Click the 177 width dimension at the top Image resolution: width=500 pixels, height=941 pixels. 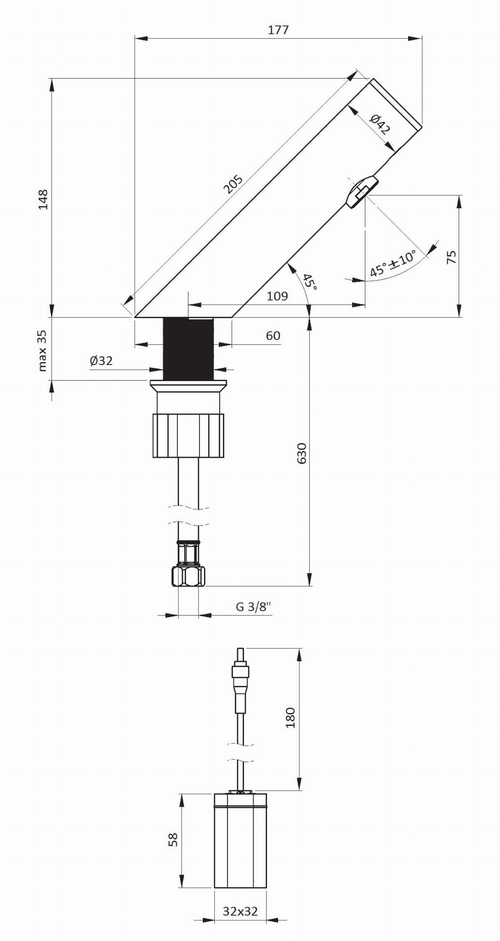pyautogui.click(x=278, y=30)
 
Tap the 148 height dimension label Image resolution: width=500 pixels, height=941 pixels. pyautogui.click(x=43, y=199)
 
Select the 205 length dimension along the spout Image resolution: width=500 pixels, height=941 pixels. pyautogui.click(x=233, y=184)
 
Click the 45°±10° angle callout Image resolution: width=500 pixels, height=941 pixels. pyautogui.click(x=392, y=263)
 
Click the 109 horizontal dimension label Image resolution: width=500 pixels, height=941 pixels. pyautogui.click(x=277, y=296)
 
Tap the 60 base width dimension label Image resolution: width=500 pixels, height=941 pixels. pyautogui.click(x=273, y=336)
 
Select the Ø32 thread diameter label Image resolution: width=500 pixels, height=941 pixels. pyautogui.click(x=101, y=361)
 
